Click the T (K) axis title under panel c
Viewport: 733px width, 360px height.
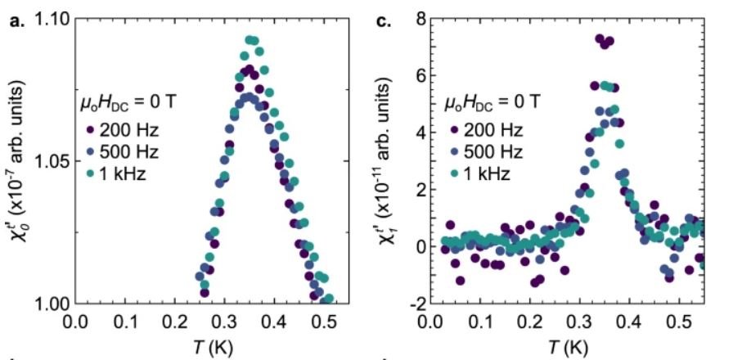click(x=568, y=346)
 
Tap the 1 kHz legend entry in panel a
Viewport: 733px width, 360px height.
click(x=123, y=173)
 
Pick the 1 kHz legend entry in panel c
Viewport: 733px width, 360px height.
click(x=487, y=173)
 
